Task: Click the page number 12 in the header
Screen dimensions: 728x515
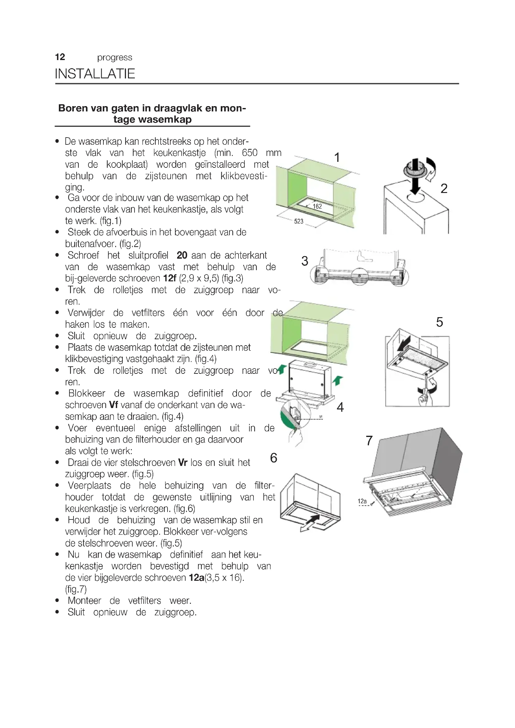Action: click(60, 57)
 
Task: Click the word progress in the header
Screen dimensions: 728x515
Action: click(115, 57)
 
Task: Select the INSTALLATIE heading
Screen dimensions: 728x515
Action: click(95, 73)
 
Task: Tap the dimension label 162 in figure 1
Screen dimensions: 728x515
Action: click(317, 206)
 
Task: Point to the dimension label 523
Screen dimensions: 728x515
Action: click(299, 221)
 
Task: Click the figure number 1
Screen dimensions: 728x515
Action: click(337, 157)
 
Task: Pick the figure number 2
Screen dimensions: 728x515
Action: click(444, 189)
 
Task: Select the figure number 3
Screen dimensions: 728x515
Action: click(305, 261)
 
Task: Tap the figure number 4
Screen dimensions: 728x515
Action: click(340, 407)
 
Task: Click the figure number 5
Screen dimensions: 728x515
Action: click(439, 322)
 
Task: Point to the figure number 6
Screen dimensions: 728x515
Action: click(273, 458)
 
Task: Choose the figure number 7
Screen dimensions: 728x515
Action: click(369, 441)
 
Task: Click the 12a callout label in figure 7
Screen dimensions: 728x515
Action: click(362, 501)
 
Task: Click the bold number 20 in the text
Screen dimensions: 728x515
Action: click(182, 255)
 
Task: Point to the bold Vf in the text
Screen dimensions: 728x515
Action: click(114, 405)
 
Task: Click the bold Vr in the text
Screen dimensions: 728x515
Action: click(183, 463)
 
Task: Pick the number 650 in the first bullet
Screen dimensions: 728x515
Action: click(250, 153)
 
